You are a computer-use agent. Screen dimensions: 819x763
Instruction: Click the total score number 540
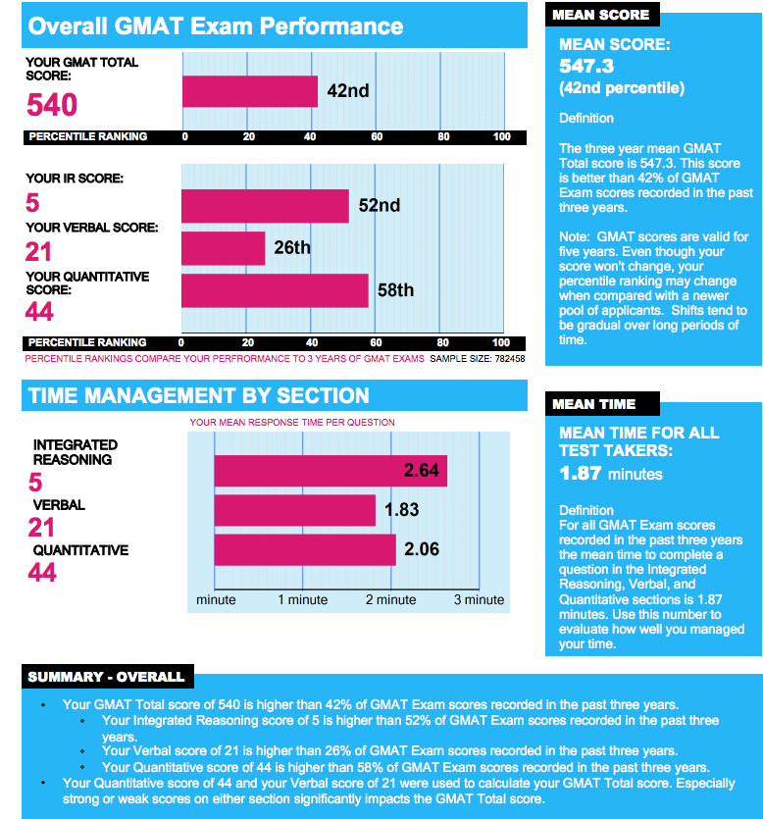52,105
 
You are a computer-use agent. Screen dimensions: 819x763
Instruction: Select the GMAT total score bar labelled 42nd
250,91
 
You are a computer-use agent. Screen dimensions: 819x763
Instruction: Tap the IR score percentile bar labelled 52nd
265,206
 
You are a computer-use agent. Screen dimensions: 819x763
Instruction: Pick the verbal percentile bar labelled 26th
224,248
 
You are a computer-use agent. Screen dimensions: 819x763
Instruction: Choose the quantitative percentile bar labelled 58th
275,290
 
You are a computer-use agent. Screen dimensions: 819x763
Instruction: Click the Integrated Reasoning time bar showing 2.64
331,471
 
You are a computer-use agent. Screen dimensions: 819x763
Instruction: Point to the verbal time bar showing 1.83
294,510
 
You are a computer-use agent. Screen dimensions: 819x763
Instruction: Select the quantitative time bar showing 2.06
304,549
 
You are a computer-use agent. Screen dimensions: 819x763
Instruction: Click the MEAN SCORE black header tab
600,15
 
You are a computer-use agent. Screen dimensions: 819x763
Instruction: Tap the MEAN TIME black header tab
593,404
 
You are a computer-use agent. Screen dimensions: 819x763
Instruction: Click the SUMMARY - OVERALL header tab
106,677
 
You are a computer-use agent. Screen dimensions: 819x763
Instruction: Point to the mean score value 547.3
586,67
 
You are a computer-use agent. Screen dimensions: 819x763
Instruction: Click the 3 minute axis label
479,599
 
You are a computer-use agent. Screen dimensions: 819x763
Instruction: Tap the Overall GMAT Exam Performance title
216,26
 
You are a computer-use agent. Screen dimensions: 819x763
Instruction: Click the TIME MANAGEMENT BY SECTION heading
199,396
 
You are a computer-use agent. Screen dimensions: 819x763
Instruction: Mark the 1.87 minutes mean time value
610,474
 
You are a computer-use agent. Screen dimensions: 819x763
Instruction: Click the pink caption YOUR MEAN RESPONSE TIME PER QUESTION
292,423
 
